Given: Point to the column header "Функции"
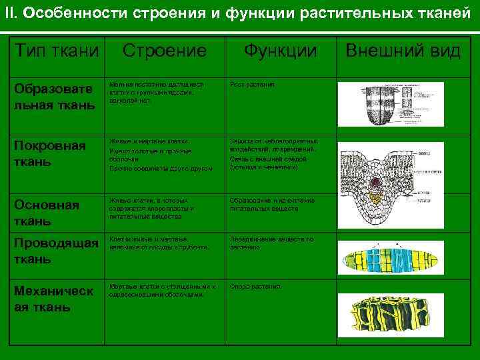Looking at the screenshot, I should (280, 51).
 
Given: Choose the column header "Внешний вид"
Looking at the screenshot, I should (403, 51).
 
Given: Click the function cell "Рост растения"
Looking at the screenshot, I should (252, 85).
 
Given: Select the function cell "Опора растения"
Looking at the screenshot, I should (255, 287).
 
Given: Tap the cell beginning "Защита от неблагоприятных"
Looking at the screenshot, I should (273, 154).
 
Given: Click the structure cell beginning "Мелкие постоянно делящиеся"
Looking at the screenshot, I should (157, 93).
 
